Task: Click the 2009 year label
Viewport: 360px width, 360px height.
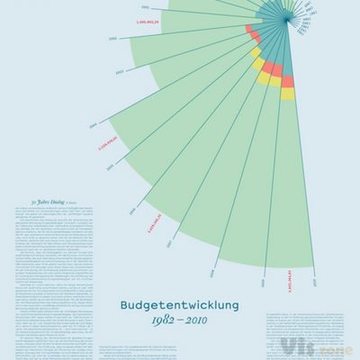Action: [x=263, y=284]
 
